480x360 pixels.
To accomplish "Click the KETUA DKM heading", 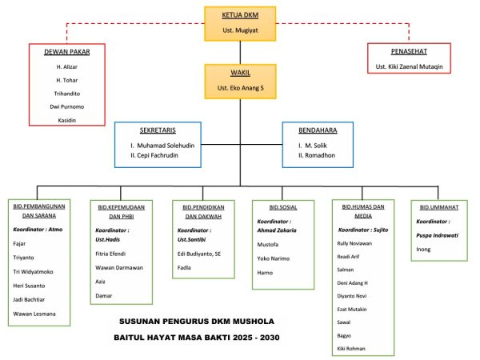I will [x=239, y=15].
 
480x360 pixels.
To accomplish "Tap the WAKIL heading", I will [x=240, y=71].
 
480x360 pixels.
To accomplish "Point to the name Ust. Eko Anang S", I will [x=240, y=86].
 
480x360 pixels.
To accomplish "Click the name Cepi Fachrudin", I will [x=160, y=154].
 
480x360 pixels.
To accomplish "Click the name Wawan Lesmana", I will [x=34, y=314].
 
